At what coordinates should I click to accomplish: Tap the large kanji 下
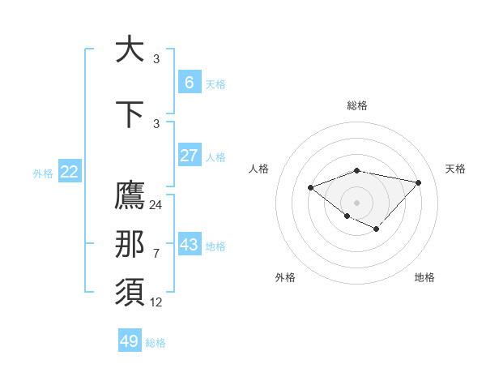[130, 114]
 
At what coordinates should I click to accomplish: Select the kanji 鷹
[130, 195]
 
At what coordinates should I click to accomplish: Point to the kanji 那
[130, 245]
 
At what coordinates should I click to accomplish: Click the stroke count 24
[156, 205]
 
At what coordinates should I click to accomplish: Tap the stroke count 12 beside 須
[156, 302]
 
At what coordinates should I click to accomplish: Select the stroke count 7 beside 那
[156, 254]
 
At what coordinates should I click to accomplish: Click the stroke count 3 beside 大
[156, 58]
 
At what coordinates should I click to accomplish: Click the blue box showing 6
[189, 82]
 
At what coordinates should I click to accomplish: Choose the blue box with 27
[189, 156]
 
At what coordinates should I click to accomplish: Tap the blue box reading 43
[189, 244]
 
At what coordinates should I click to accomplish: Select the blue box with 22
[70, 171]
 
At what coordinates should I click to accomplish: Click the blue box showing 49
[130, 341]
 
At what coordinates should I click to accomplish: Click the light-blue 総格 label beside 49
[156, 343]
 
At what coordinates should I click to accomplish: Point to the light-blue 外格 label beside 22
[43, 173]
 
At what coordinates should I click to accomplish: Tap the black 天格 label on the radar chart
[455, 169]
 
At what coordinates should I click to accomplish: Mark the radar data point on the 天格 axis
[418, 182]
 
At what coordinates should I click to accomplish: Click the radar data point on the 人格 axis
[310, 188]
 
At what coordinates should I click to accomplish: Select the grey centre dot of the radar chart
[356, 202]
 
